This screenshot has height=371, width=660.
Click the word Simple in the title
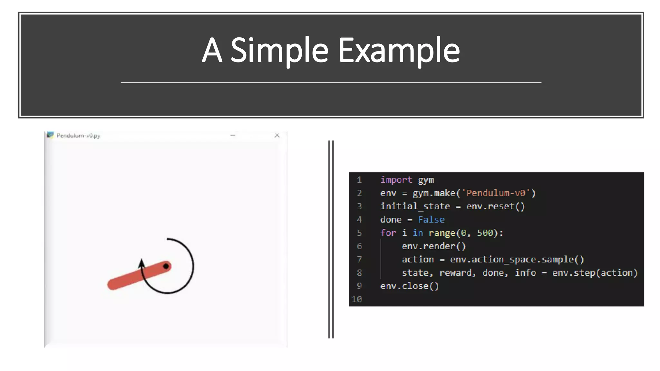(279, 50)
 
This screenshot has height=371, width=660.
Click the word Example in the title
(399, 50)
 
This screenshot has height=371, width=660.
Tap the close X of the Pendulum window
(277, 135)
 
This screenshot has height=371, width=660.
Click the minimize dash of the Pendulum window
(233, 135)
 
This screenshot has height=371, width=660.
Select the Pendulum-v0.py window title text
(78, 136)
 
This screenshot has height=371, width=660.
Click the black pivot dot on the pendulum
(166, 266)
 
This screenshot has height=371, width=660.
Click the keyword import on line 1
(396, 180)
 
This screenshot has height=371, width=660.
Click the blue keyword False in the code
(431, 220)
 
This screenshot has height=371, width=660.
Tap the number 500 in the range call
(485, 233)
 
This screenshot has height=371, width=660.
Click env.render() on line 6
(434, 246)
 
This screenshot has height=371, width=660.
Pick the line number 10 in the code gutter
(357, 299)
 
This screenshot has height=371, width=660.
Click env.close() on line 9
(410, 286)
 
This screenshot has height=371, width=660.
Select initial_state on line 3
(415, 206)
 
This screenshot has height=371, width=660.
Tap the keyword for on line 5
(388, 233)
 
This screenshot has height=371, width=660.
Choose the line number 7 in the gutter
(359, 259)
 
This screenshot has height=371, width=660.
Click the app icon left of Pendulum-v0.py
(50, 135)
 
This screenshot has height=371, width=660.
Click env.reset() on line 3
(496, 206)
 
